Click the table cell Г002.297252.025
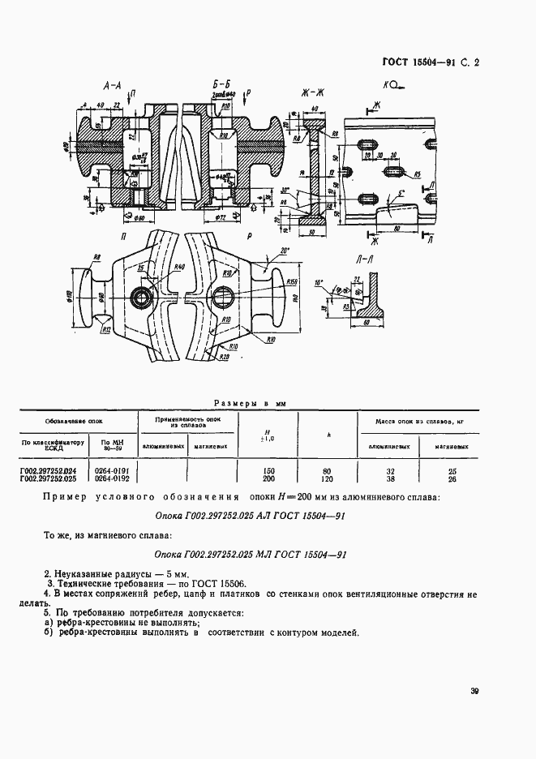point(47,478)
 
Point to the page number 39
point(474,692)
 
